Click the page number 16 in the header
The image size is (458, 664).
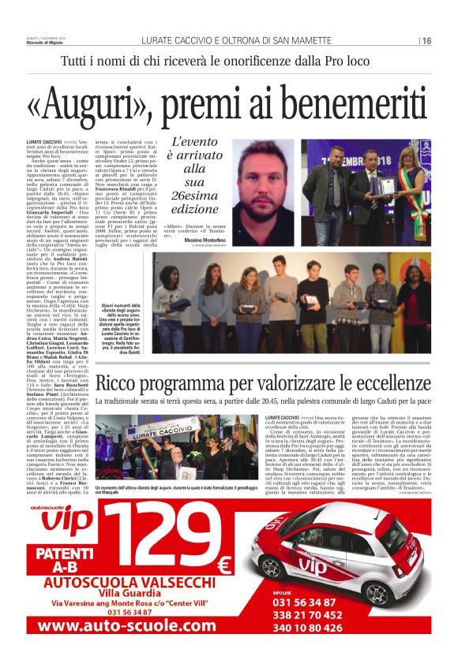[x=426, y=40]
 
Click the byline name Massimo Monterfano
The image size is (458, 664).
[x=207, y=238]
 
